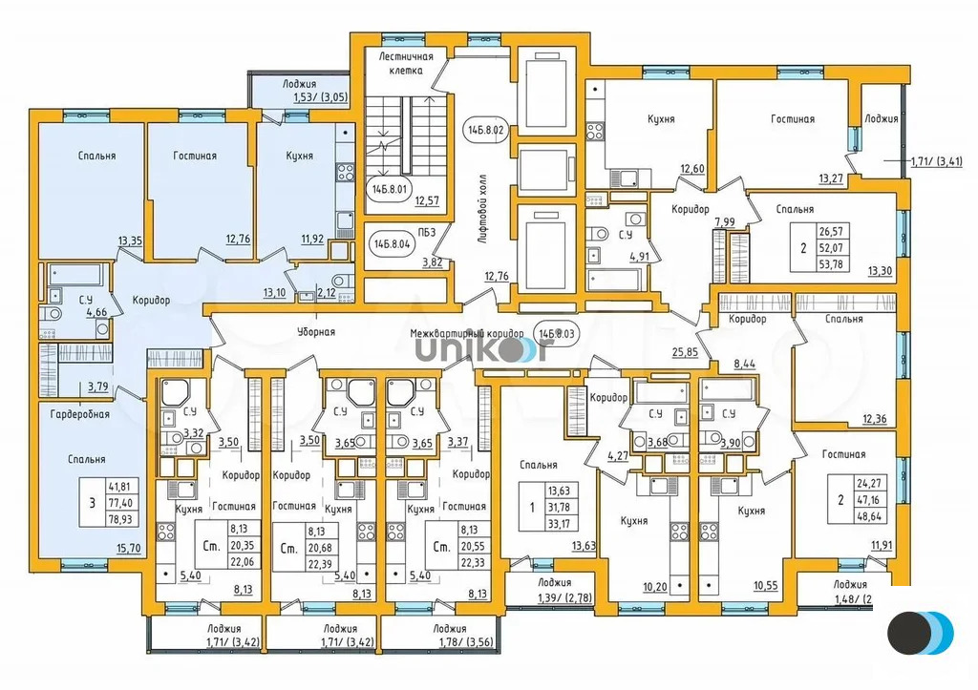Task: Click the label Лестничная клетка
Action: (406, 63)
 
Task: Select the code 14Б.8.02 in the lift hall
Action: (484, 127)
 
